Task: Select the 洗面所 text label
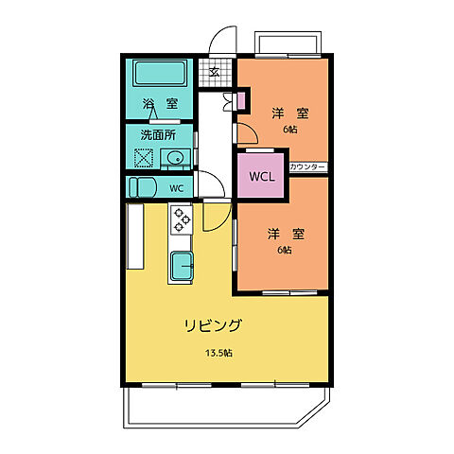point(158,134)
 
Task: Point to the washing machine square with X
point(143,159)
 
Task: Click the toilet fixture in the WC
point(142,187)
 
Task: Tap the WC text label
point(176,188)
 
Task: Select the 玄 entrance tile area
point(215,71)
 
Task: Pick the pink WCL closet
point(260,175)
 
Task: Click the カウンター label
point(307,167)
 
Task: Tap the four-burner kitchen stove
point(181,220)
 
